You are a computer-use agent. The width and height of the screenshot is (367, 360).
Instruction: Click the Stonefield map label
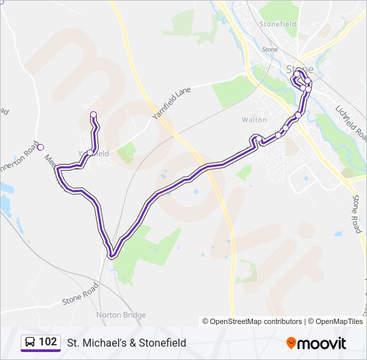point(278,23)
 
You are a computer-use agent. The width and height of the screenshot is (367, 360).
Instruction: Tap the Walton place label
point(254,120)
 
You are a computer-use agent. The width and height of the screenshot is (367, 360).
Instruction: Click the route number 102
point(48,342)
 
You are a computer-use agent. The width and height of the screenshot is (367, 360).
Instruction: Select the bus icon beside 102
point(29,343)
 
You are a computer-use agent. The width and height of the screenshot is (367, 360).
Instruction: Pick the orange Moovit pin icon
point(291,343)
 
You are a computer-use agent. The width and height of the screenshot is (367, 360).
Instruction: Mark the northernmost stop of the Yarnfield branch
point(93,114)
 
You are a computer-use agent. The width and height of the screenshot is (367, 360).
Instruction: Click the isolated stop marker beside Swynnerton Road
point(41,147)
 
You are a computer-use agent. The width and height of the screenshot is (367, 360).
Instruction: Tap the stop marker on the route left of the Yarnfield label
point(89,153)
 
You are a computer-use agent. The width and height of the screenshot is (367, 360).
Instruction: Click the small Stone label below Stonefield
point(270,49)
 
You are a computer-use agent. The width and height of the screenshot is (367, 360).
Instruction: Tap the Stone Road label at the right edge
point(357,215)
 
